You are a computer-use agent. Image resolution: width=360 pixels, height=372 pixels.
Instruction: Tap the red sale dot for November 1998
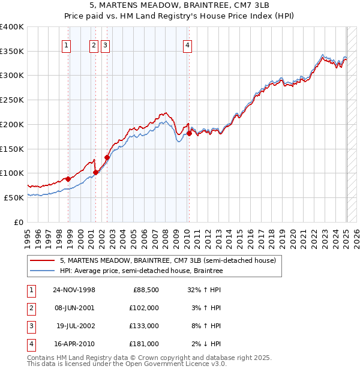68,179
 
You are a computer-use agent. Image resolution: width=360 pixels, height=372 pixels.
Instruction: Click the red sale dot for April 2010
189,133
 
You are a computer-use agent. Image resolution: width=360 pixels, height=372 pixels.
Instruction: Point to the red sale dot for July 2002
107,157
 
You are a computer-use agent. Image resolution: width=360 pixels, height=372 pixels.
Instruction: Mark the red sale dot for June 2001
95,172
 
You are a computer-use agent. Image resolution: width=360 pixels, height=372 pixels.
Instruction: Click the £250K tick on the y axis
12,100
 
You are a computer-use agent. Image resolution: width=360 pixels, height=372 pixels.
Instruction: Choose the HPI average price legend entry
141,271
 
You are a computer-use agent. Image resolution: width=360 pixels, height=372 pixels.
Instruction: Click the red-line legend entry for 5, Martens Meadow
167,260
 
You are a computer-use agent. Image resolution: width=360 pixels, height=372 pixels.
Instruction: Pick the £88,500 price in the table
144,290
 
